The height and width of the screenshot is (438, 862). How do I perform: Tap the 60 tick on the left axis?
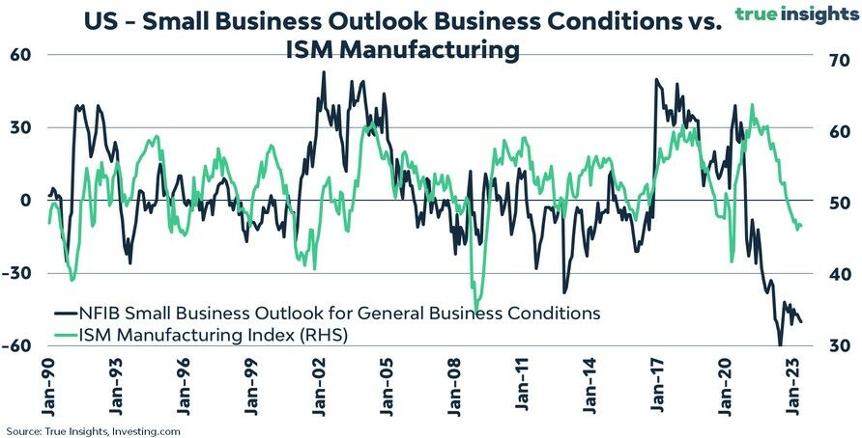click(22, 55)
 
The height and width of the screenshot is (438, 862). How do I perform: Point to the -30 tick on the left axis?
click(18, 273)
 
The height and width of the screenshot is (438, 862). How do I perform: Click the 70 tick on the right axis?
click(837, 60)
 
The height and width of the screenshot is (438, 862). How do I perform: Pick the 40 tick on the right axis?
click(837, 275)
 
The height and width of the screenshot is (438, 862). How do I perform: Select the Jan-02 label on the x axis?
click(320, 387)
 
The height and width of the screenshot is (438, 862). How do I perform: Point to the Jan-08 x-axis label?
click(455, 387)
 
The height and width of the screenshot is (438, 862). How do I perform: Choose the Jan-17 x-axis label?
click(659, 387)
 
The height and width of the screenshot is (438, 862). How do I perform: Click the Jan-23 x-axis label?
click(794, 387)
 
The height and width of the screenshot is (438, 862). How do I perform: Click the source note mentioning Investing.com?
click(93, 430)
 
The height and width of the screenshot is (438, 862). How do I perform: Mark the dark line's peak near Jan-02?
click(323, 71)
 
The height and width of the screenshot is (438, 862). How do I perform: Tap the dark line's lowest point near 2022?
click(779, 343)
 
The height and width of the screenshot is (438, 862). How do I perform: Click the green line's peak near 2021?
click(752, 105)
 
